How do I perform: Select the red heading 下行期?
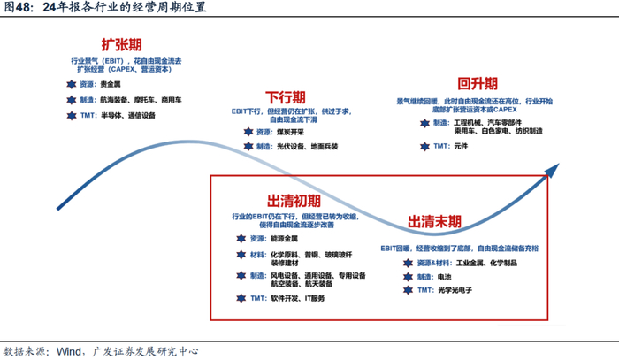tap(287, 96)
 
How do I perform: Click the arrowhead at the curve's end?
tap(554, 165)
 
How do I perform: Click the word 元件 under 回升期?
tap(462, 144)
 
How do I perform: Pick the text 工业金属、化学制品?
tap(475, 264)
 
